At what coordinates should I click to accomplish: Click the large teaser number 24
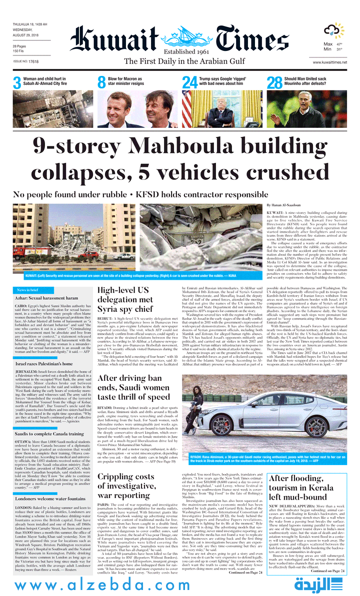click(189, 82)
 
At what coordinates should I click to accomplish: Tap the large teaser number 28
click(274, 82)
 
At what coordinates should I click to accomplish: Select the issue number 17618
click(33, 61)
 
